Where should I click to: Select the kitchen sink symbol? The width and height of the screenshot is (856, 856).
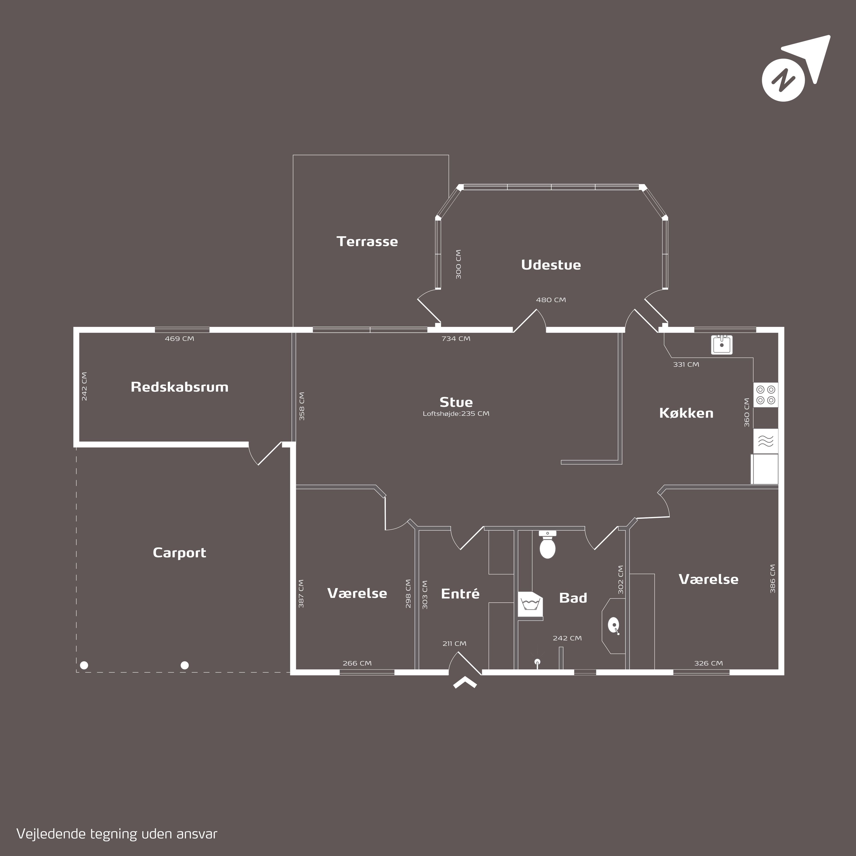722,345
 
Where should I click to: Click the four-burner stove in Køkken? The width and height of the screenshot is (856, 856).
766,395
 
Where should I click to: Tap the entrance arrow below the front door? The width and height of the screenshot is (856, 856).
465,683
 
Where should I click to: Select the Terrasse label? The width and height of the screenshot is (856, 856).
367,241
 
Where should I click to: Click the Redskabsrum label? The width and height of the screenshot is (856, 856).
179,387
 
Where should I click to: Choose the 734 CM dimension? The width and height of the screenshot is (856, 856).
456,338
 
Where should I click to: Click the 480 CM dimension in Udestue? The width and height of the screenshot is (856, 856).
551,300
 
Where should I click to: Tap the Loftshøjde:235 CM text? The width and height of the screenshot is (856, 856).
456,414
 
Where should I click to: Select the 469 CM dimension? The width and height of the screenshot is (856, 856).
179,338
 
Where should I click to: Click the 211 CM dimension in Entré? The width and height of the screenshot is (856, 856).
454,643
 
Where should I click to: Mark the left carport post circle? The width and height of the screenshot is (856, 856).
84,665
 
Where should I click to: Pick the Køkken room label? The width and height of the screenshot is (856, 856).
686,413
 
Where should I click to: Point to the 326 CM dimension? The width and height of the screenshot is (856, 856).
708,663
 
